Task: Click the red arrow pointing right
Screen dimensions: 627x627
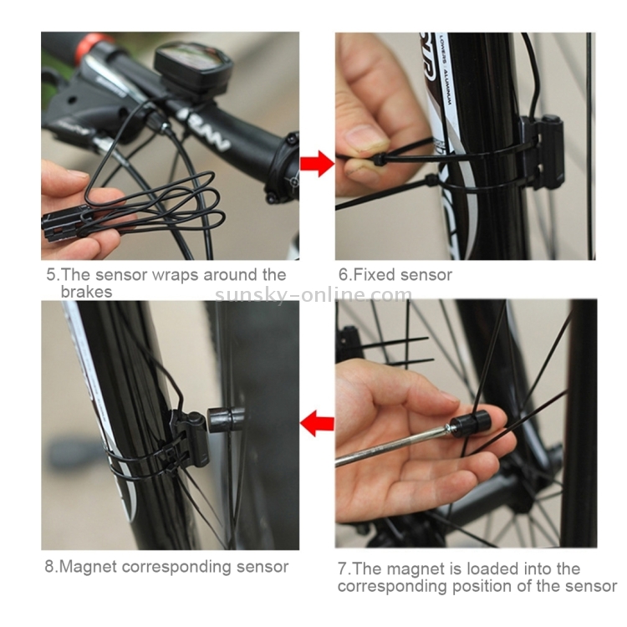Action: (317, 163)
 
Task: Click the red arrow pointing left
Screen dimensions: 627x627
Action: (317, 424)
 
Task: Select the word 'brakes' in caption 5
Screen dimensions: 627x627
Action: (86, 292)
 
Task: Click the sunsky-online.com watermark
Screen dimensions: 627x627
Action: (313, 295)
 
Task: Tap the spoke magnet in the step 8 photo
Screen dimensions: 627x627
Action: (225, 419)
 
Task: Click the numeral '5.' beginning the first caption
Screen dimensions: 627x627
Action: (53, 275)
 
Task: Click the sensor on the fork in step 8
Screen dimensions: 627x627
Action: (191, 440)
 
